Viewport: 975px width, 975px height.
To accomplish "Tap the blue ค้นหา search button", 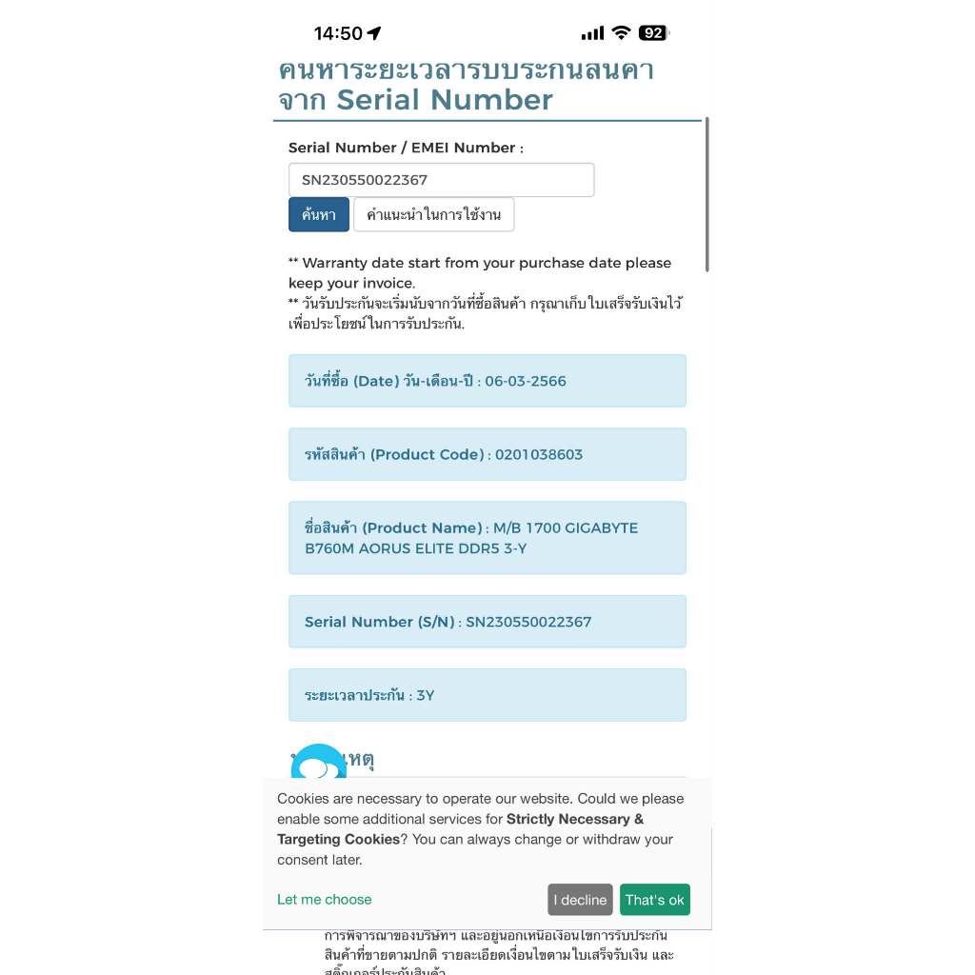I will [318, 215].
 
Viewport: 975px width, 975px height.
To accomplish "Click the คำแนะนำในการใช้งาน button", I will [433, 215].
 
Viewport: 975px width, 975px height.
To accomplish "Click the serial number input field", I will [441, 180].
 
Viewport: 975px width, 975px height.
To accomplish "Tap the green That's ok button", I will [654, 900].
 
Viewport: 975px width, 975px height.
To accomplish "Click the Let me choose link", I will [324, 900].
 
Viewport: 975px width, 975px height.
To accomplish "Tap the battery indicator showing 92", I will [653, 33].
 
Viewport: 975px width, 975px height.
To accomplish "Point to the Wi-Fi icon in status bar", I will [621, 33].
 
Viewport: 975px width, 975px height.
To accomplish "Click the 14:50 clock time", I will [338, 34].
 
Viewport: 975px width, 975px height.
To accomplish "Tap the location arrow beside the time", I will [374, 33].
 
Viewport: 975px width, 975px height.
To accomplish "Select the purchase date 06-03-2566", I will [526, 381].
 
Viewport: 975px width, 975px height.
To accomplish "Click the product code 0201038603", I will [539, 454].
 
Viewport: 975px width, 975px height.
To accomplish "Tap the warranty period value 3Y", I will [425, 695].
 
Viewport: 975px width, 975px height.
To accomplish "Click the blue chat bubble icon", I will [318, 767].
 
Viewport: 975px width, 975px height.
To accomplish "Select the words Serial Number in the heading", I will [444, 100].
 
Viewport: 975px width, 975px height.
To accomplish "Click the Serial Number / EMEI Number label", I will [406, 148].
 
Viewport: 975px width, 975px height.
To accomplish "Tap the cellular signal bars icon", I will [592, 33].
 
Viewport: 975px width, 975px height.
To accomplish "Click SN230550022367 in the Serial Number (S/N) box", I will [528, 622].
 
